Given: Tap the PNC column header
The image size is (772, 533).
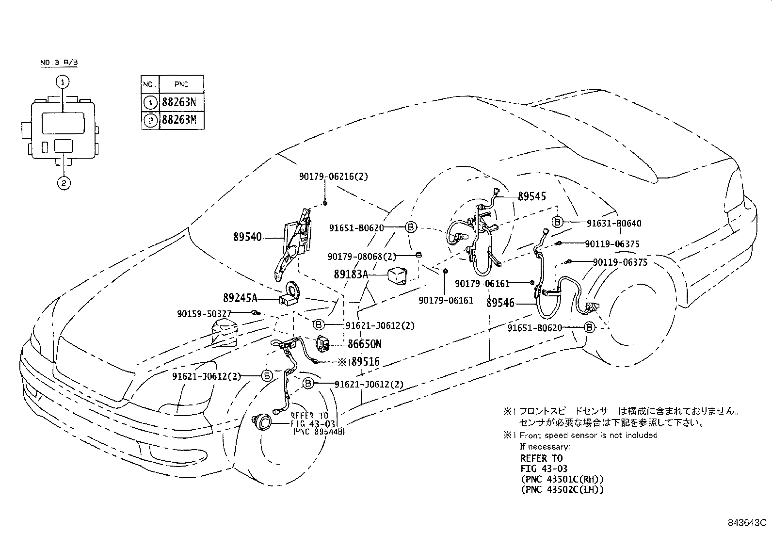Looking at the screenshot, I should click(x=182, y=85).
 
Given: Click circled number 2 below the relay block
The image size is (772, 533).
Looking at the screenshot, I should click(x=63, y=183).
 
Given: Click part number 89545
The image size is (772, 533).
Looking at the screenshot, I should click(x=531, y=196).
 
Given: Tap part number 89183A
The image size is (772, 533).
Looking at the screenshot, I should click(x=351, y=275).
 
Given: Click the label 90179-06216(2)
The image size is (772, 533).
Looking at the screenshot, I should click(x=333, y=177).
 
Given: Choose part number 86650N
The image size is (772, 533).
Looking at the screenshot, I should click(x=364, y=344).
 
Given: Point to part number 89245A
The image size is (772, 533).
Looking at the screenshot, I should click(x=240, y=297).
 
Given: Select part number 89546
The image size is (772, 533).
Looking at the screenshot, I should click(x=500, y=303).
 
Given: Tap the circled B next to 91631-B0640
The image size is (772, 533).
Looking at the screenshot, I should click(x=558, y=222).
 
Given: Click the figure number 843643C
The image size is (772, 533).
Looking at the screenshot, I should click(x=746, y=523).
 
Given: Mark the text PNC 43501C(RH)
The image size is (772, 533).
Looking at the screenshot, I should click(x=562, y=479).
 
